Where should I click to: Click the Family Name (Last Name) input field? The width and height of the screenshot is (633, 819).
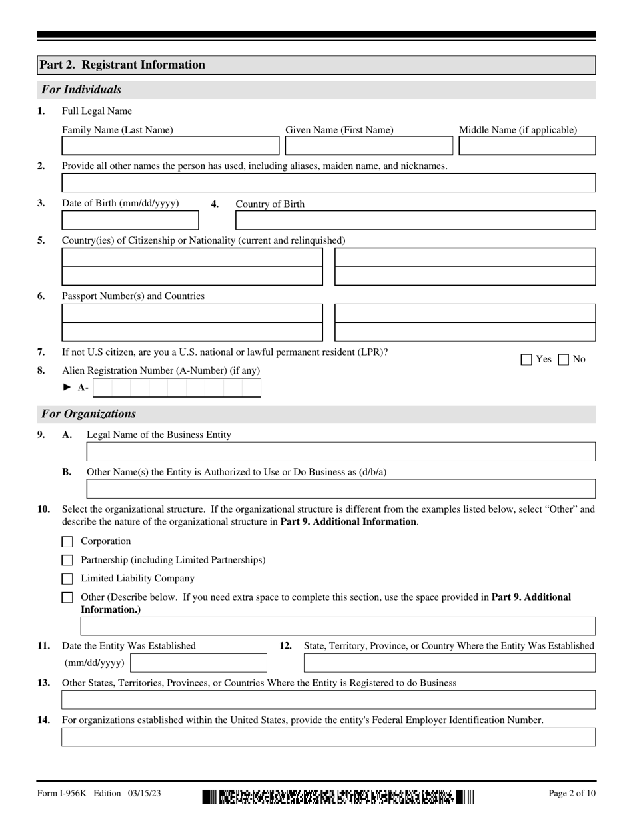tap(171, 146)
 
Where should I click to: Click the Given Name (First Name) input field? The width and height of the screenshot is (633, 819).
tap(369, 146)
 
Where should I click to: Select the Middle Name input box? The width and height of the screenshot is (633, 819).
tap(527, 146)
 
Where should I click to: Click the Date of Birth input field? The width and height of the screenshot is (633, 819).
tap(130, 220)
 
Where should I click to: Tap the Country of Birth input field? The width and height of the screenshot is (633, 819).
tap(416, 220)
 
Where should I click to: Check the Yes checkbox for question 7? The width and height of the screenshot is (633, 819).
tap(526, 360)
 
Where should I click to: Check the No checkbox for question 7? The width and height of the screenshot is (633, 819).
tap(564, 360)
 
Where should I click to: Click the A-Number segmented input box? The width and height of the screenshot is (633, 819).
tap(177, 388)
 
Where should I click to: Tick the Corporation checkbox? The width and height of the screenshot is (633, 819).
tap(67, 542)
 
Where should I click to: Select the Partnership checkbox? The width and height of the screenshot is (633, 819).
tap(67, 561)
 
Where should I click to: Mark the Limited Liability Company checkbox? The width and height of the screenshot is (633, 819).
tap(67, 579)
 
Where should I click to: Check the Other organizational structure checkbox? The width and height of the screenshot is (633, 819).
tap(67, 598)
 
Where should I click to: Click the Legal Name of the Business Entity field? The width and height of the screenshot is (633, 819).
tap(341, 452)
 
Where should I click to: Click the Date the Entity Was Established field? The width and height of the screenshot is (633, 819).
tap(199, 663)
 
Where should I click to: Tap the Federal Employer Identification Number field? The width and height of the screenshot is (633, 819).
tap(328, 737)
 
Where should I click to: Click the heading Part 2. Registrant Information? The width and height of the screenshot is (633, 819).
tap(123, 65)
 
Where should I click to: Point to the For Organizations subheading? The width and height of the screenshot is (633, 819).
tap(89, 414)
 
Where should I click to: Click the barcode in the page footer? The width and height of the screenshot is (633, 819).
tap(338, 796)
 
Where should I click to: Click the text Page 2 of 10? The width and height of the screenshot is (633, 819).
tap(572, 793)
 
